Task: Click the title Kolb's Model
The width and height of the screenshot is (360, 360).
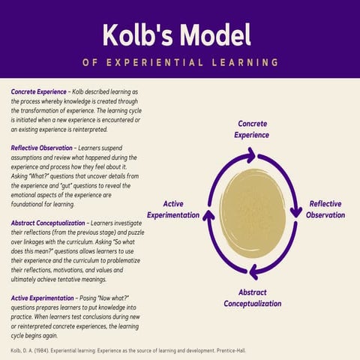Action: pos(179,33)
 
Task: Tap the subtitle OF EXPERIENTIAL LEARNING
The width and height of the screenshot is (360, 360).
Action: pos(179,61)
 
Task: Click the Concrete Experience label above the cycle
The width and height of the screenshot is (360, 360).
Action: pos(253,129)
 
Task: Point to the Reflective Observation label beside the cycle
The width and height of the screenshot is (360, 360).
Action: pos(325,209)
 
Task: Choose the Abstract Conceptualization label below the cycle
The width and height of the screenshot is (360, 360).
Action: pos(253,298)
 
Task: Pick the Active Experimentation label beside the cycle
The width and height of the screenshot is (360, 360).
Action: pos(173,209)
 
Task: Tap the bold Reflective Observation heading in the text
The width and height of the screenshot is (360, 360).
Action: pos(45,148)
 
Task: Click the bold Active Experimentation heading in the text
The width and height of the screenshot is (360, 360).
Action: pos(46,298)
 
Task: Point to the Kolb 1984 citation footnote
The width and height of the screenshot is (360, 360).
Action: pos(127,350)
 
